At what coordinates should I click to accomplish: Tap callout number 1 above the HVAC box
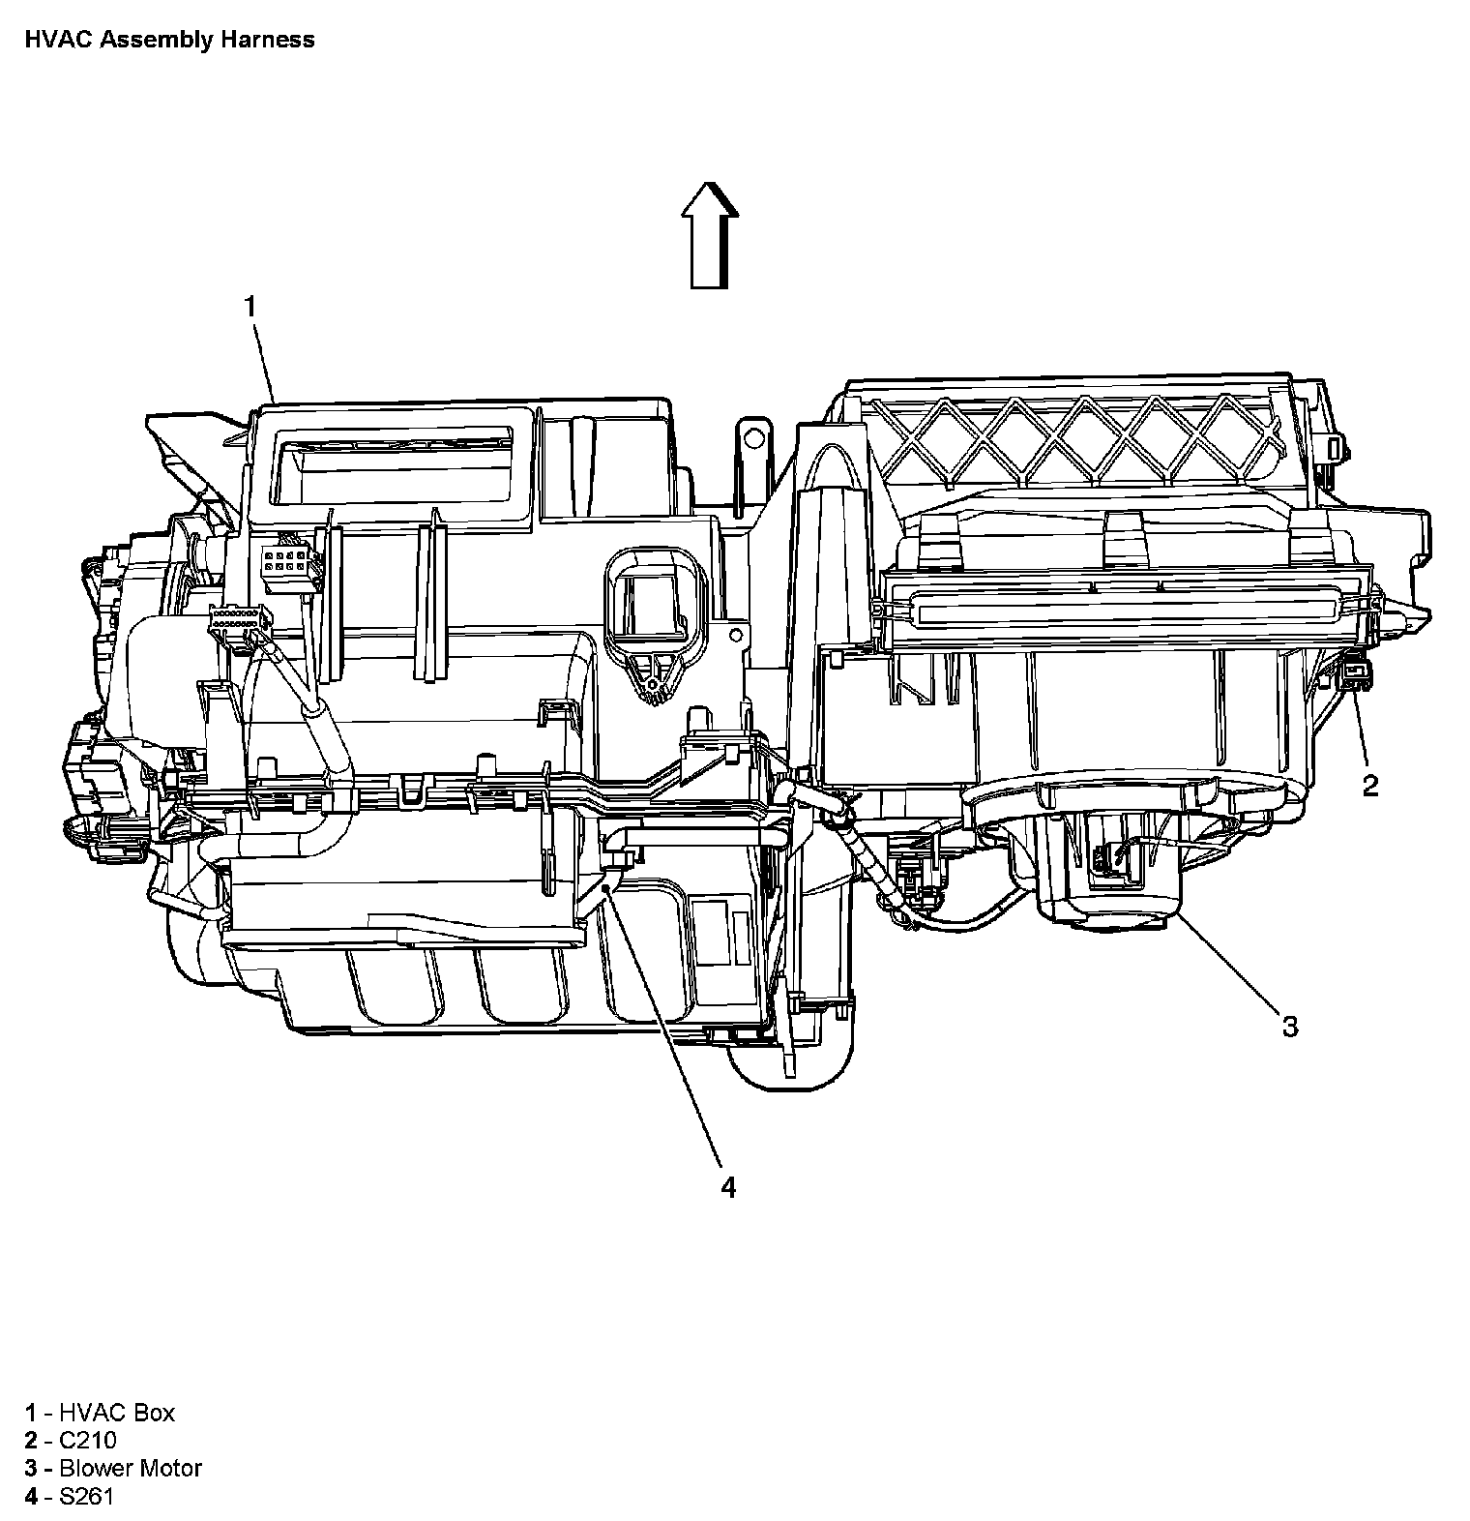point(250,307)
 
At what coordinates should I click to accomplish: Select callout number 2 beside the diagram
point(1370,786)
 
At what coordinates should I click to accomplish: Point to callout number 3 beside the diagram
point(1290,1026)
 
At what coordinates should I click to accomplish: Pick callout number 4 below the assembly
point(727,1187)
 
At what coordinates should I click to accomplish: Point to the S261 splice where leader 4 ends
point(604,882)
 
